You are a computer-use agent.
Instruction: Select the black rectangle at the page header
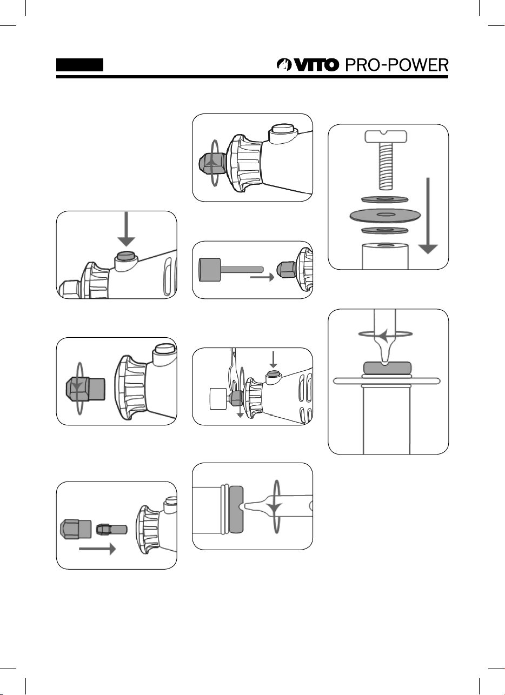[80, 65]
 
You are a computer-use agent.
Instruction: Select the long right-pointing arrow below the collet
[97, 549]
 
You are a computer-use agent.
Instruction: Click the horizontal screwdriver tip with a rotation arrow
[270, 506]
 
